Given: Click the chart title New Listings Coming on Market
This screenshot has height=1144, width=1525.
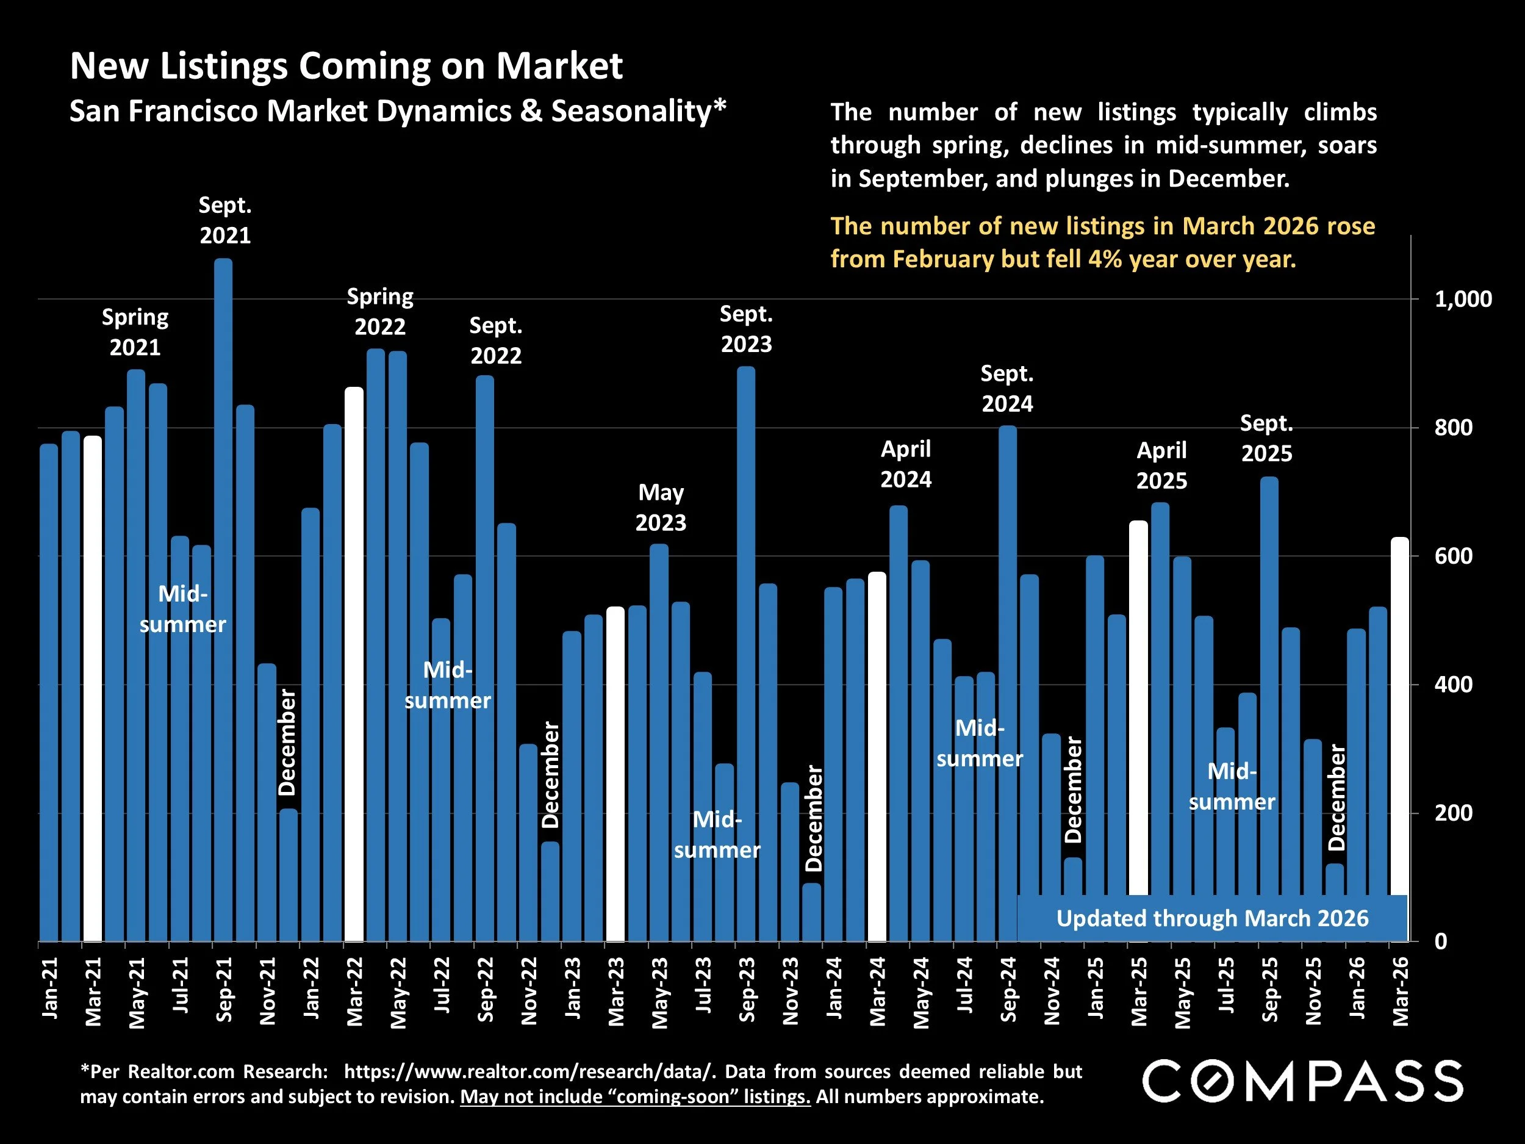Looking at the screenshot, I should [x=346, y=66].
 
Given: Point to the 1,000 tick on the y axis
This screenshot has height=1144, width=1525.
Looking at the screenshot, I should [x=1462, y=300].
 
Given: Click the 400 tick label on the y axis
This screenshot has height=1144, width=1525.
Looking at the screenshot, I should [x=1452, y=685].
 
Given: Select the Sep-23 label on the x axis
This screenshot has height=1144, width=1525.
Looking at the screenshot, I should [x=747, y=990].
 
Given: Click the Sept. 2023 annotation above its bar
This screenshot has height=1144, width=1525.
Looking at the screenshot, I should [x=746, y=329].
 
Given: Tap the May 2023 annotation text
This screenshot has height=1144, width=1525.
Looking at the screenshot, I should [x=661, y=507].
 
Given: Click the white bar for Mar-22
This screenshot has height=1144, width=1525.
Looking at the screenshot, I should [x=354, y=662].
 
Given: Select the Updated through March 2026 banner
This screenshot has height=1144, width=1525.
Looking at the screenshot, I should [x=1211, y=918].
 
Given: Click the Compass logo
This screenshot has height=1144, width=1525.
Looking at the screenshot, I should [x=1302, y=1081].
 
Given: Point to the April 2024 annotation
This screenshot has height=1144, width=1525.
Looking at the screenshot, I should [x=905, y=464].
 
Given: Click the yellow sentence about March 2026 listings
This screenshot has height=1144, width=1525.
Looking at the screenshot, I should [x=1102, y=242].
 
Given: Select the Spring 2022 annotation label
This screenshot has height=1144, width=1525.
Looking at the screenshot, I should [x=380, y=311].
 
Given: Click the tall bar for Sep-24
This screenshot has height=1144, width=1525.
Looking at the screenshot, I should [x=1007, y=683].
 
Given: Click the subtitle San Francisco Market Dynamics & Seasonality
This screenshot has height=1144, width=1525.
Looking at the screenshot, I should [x=398, y=111].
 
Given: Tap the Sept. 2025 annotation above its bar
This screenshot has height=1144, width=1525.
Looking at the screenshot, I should [x=1266, y=438].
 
